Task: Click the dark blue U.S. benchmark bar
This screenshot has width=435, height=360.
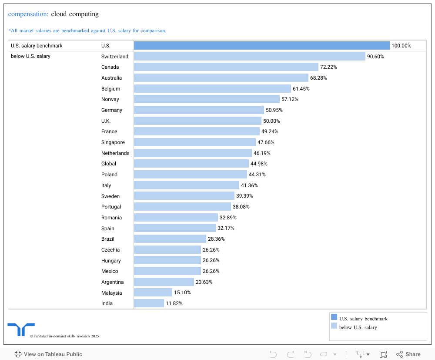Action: [x=261, y=46]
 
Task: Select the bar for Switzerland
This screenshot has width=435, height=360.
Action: [x=249, y=57]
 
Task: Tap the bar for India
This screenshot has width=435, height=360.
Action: [x=149, y=303]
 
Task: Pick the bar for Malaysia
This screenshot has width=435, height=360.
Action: [x=153, y=293]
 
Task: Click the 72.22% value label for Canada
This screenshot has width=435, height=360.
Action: [x=328, y=67]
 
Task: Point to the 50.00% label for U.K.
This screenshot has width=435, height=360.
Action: [x=271, y=121]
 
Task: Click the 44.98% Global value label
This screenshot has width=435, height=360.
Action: [x=259, y=164]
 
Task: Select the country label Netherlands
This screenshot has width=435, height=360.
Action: [x=115, y=153]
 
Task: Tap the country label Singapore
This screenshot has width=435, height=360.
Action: [x=113, y=142]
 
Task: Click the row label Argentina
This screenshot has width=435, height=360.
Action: [x=112, y=282]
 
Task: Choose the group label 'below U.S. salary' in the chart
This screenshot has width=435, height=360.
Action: [x=30, y=57]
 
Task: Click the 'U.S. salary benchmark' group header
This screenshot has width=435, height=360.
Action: [x=37, y=46]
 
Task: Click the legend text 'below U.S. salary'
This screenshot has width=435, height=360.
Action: [x=358, y=327]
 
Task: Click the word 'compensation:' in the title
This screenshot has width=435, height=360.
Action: [x=28, y=14]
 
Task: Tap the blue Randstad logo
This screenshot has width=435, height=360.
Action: [x=21, y=329]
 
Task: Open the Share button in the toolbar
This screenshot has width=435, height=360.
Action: [x=408, y=354]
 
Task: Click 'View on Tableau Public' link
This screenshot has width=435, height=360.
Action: [x=48, y=354]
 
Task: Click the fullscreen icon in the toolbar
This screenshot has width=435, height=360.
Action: [x=383, y=354]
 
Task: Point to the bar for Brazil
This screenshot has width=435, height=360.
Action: [x=170, y=239]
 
